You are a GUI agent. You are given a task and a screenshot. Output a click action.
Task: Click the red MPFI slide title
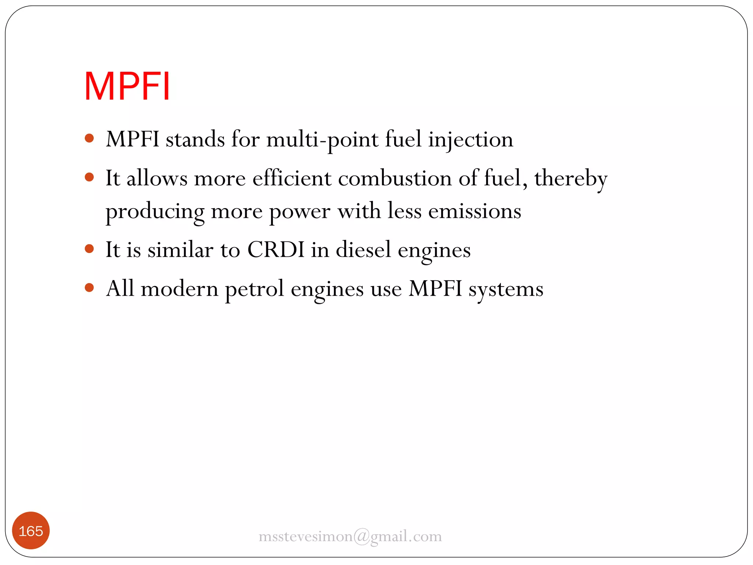[127, 86]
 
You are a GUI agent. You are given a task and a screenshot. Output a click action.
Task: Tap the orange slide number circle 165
[31, 531]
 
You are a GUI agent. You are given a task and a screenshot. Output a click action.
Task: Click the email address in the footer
[350, 536]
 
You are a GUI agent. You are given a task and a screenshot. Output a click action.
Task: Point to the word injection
[471, 140]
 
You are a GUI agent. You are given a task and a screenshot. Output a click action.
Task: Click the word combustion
[395, 179]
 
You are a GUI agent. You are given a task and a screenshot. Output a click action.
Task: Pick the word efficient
[292, 179]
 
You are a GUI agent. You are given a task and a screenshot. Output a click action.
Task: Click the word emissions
[475, 212]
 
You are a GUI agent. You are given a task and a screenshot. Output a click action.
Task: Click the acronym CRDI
[276, 250]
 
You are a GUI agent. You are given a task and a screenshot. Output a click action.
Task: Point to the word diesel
[363, 250]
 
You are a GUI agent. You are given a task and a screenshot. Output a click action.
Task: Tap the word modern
[179, 289]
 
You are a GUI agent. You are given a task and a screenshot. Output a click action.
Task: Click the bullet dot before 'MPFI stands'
[89, 139]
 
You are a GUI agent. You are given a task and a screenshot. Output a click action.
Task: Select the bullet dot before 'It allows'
[89, 178]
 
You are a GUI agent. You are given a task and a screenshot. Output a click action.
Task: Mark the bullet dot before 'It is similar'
[89, 249]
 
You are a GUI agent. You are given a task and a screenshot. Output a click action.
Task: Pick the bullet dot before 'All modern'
[89, 287]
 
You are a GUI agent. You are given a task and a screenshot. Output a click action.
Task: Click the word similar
[180, 250]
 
